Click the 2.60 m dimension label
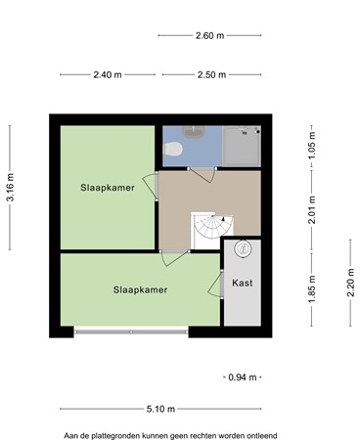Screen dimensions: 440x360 210,35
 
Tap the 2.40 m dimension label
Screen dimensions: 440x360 108,74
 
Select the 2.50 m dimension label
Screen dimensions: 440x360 211,74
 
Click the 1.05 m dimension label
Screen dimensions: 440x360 312,152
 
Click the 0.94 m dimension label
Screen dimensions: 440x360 241,376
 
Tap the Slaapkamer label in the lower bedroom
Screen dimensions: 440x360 140,289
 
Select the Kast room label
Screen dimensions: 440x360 243,284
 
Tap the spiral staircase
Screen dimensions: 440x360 209,231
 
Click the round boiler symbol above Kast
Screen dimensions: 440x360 242,249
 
